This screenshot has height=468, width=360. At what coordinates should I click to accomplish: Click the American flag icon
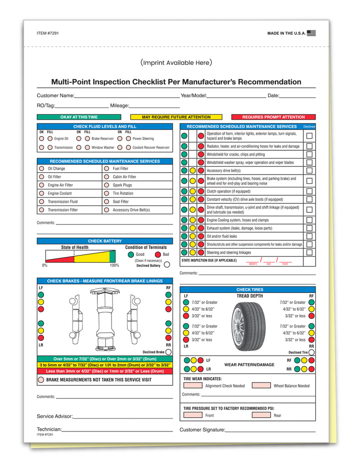tap(311, 33)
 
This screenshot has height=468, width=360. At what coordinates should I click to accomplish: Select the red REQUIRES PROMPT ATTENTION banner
tap(273, 117)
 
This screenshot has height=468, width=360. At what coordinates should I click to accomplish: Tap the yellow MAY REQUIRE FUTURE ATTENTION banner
tap(176, 117)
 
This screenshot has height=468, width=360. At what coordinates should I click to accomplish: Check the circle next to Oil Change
tap(41, 169)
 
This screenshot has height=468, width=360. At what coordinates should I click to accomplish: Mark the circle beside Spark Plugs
tap(106, 185)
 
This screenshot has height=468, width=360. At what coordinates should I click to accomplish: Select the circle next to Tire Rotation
tap(106, 193)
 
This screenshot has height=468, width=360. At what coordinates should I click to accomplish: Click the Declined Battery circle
tap(167, 264)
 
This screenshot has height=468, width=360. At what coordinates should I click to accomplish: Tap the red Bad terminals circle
tap(158, 255)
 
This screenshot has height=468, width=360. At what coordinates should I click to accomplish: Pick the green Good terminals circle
tap(131, 255)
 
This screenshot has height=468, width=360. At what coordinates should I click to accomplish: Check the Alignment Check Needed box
tap(192, 385)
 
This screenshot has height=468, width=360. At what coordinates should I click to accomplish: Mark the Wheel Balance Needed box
tap(261, 385)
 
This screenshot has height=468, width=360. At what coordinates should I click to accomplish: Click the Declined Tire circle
tap(312, 352)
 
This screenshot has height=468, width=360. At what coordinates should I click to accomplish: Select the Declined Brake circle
tap(169, 352)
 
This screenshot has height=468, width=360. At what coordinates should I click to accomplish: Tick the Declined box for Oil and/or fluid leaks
tap(309, 236)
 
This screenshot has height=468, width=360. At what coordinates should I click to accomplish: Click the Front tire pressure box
tap(192, 415)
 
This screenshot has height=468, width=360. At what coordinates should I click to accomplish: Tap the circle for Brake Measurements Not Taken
tap(41, 379)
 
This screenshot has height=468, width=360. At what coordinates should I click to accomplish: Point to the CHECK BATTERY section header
tap(105, 241)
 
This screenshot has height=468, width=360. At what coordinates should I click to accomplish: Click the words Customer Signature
tap(202, 430)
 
